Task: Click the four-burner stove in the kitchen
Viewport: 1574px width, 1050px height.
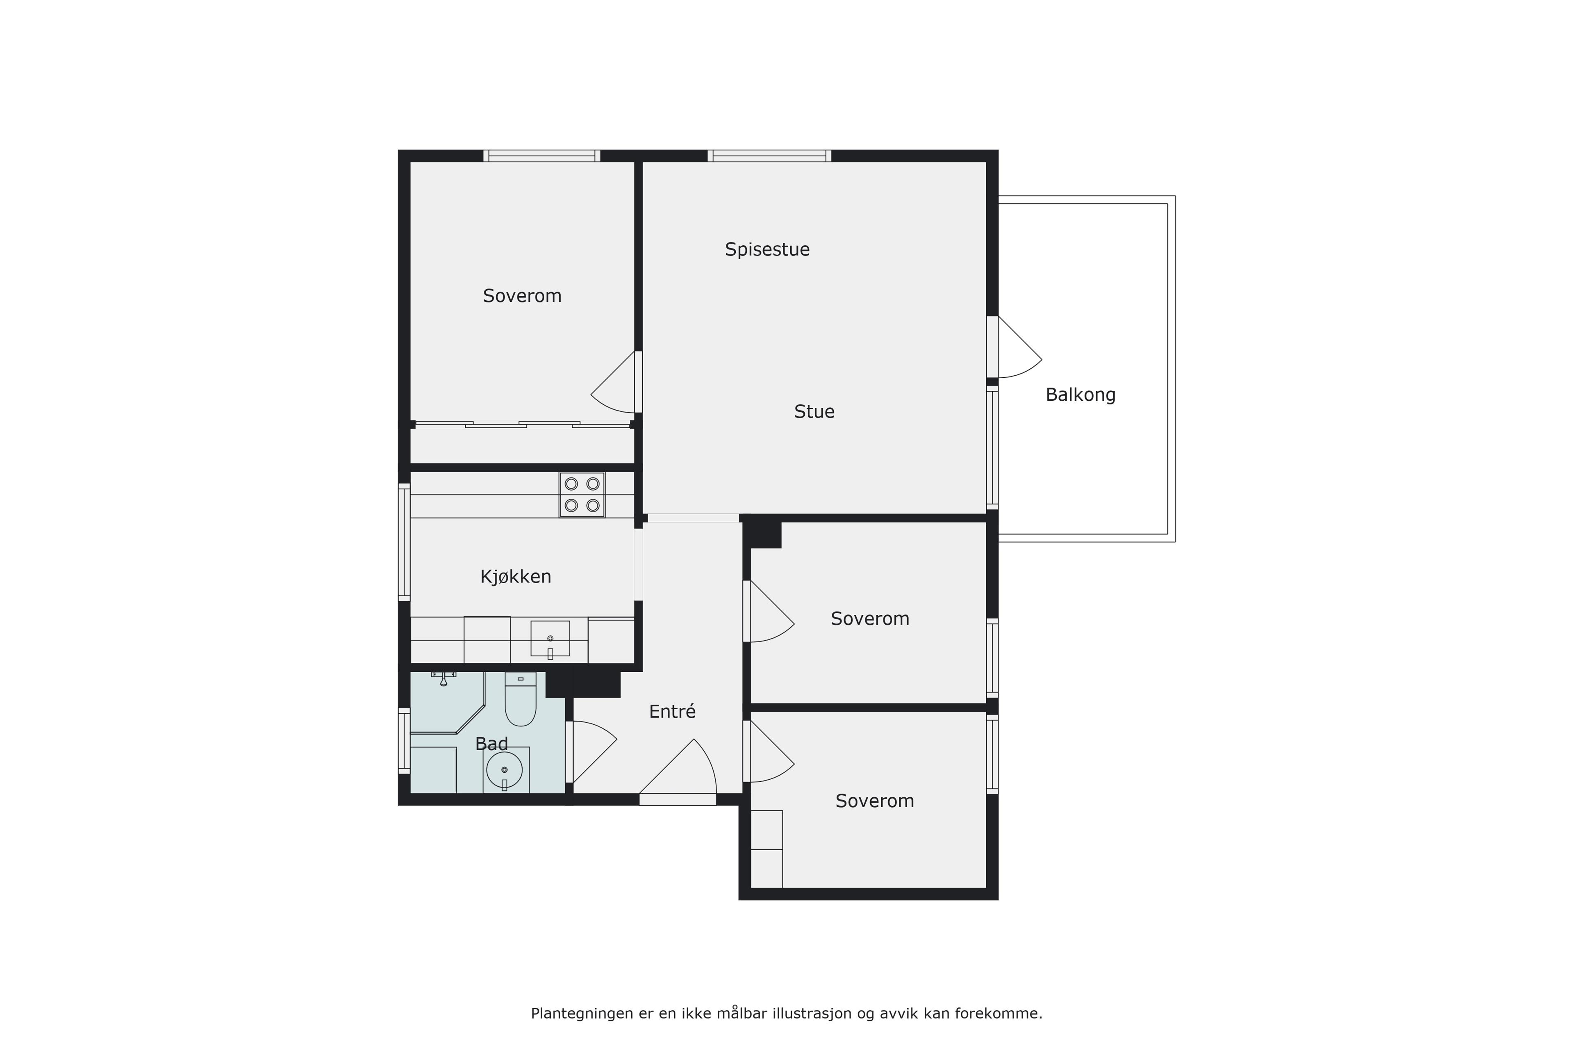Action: pos(582,495)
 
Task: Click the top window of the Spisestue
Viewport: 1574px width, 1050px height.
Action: pos(770,156)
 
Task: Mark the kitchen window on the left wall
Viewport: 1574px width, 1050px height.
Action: pos(404,541)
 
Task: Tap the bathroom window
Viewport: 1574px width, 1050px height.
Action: pos(404,741)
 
